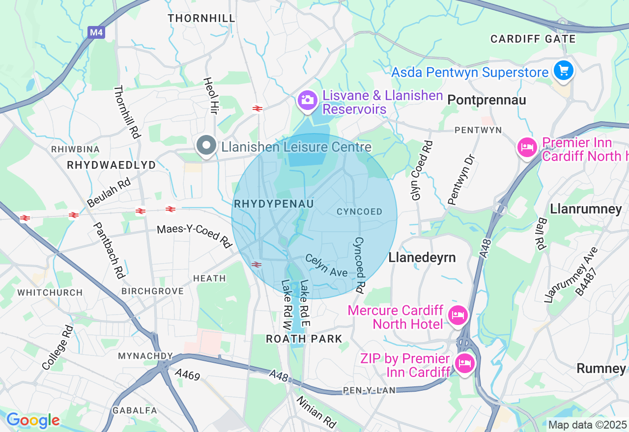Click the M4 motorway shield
pyautogui.click(x=96, y=33)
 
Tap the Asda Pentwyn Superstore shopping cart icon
pyautogui.click(x=563, y=71)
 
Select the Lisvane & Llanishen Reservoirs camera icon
pyautogui.click(x=307, y=101)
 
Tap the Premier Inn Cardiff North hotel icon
pyautogui.click(x=527, y=147)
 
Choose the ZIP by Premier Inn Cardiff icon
pyautogui.click(x=464, y=363)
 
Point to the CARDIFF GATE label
pyautogui.click(x=533, y=39)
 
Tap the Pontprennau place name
pyautogui.click(x=486, y=100)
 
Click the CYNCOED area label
pyautogui.click(x=359, y=212)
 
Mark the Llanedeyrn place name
pyautogui.click(x=422, y=257)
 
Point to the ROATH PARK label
pyautogui.click(x=304, y=339)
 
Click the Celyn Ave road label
pyautogui.click(x=326, y=265)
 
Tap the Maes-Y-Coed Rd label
pyautogui.click(x=194, y=236)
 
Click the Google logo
pyautogui.click(x=33, y=420)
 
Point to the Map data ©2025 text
pyautogui.click(x=587, y=425)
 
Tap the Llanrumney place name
pyautogui.click(x=586, y=209)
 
